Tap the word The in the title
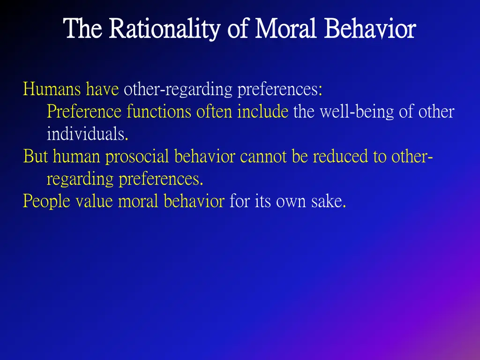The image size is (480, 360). point(82,29)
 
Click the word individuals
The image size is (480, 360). point(87,135)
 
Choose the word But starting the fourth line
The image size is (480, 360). point(36,156)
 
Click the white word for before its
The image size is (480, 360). point(240,202)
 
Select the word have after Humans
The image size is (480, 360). point(102,89)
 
